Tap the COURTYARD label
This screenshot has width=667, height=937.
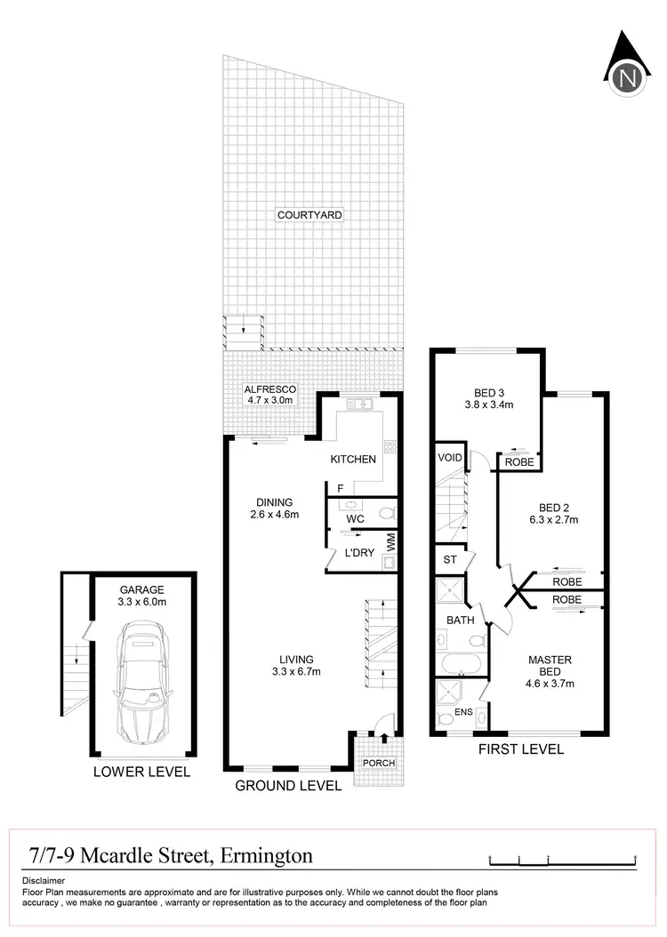(309, 215)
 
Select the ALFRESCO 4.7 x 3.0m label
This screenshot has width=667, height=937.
(269, 395)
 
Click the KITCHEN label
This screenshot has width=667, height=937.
(353, 460)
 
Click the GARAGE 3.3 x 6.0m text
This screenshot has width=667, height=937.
(142, 596)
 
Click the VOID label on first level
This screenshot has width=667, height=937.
(448, 458)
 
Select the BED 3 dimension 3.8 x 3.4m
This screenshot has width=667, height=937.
(487, 404)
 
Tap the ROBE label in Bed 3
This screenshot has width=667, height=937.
(518, 462)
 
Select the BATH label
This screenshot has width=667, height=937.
(461, 620)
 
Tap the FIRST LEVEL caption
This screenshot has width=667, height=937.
(521, 749)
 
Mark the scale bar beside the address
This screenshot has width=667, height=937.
(563, 860)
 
